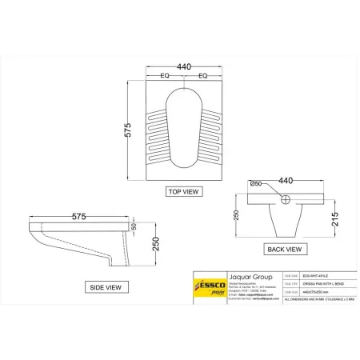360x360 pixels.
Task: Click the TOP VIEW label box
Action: coord(183,192)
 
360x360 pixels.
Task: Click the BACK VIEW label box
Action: coord(283,249)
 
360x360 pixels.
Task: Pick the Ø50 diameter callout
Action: coord(258,185)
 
